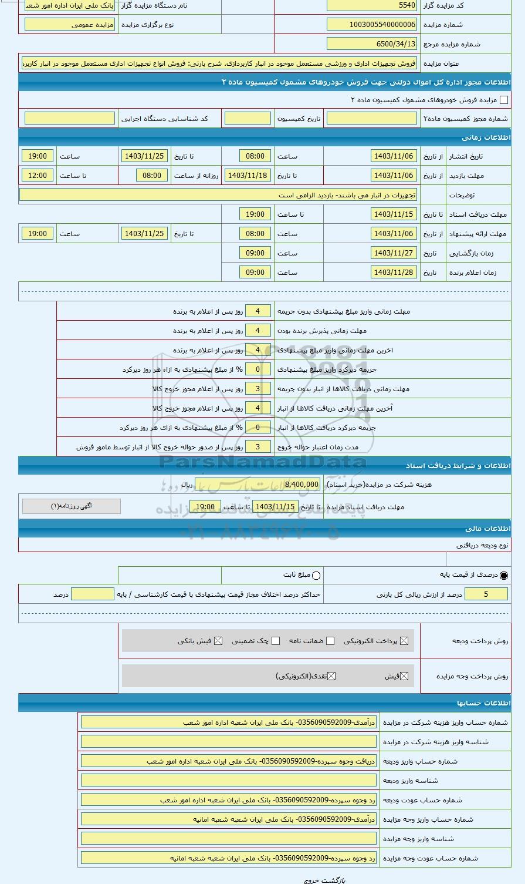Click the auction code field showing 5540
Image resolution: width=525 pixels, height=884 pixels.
[x=372, y=5]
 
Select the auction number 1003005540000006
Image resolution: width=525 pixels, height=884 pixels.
[x=372, y=25]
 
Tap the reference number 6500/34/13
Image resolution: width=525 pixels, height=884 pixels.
[x=372, y=44]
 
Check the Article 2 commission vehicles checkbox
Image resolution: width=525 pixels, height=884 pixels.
[x=503, y=100]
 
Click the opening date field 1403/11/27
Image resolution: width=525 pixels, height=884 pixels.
[x=394, y=253]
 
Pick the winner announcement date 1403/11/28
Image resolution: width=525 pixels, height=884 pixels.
[x=394, y=273]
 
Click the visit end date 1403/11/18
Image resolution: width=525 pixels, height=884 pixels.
[x=248, y=176]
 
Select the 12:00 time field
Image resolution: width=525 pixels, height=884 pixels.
[x=38, y=176]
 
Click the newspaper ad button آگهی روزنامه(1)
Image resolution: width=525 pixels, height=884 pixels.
[x=72, y=506]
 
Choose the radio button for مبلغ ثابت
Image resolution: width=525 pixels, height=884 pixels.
[x=317, y=576]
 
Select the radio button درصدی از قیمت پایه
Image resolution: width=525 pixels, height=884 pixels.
[x=504, y=576]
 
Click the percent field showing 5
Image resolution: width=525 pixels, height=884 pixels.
[x=486, y=594]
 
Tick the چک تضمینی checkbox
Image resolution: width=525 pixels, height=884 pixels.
[x=276, y=641]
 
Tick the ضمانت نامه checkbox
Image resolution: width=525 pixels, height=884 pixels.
[x=330, y=641]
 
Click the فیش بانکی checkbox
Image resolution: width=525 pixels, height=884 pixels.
[x=218, y=641]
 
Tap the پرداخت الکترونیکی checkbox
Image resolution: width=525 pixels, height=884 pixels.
[x=404, y=641]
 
